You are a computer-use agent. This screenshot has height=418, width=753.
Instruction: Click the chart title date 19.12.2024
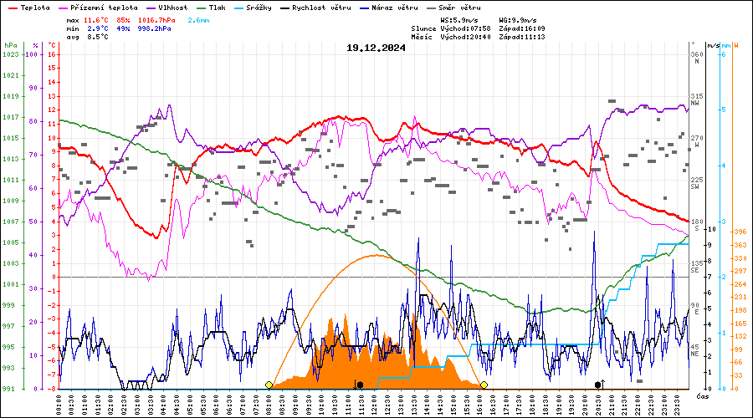[x=376, y=48]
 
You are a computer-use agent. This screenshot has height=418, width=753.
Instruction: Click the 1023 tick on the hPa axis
[x=10, y=54]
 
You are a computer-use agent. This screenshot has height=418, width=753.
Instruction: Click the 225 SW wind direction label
[x=695, y=182]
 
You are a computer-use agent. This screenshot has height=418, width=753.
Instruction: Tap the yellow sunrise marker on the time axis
[x=269, y=385]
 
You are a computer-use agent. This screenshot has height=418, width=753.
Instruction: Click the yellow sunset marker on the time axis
[x=484, y=385]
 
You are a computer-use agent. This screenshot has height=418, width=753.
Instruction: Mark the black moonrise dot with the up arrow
[x=598, y=384]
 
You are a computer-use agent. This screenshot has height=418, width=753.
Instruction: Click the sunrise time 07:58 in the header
[x=479, y=28]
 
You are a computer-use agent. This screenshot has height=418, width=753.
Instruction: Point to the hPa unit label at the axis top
[x=10, y=44]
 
